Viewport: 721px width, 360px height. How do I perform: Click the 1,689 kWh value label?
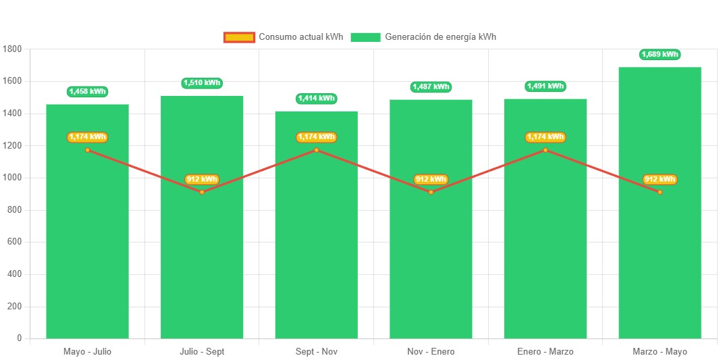point(660,54)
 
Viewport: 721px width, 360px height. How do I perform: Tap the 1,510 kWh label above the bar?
point(202,83)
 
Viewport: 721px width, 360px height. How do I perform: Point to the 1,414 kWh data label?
point(316,99)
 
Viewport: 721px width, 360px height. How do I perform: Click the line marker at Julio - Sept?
point(202,192)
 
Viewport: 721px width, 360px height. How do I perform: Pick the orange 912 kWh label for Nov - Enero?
point(431,180)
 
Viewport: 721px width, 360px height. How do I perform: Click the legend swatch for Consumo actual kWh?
point(239,37)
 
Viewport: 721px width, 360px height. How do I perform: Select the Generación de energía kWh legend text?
point(440,37)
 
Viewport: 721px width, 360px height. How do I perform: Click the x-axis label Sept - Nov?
point(316,352)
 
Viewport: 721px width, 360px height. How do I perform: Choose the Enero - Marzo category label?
point(545,352)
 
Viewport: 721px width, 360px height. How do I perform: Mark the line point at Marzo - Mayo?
point(660,192)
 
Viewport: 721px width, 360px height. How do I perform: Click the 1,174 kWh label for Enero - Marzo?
point(545,137)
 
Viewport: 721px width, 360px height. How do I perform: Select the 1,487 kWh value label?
point(431,87)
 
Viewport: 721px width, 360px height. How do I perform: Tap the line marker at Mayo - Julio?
point(87,150)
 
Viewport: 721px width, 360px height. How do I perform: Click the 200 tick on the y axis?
point(15,306)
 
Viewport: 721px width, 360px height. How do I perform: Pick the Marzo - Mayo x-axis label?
point(660,352)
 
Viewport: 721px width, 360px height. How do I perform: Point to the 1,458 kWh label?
point(87,91)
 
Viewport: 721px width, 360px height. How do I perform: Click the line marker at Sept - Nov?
point(316,150)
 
